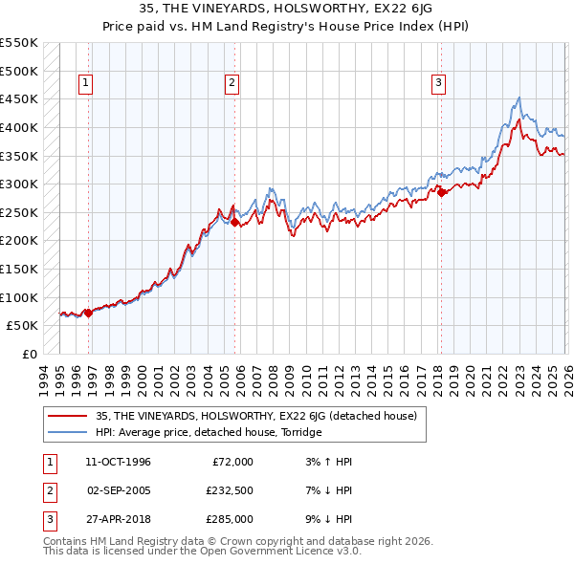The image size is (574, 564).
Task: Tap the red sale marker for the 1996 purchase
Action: click(88, 313)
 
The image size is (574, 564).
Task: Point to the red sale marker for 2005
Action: click(235, 222)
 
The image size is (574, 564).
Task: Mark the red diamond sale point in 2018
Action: click(442, 192)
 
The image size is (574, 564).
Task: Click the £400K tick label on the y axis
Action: click(19, 127)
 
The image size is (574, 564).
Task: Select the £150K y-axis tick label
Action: click(19, 269)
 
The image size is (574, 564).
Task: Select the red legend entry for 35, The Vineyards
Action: click(256, 417)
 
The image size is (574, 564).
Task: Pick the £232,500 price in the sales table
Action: click(229, 490)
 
